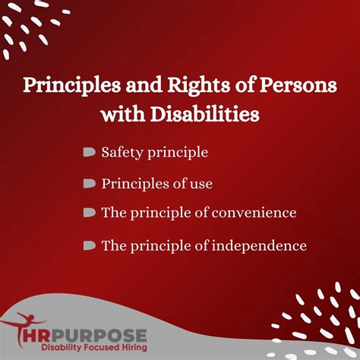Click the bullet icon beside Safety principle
coord(89,153)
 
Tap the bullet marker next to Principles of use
coord(89,183)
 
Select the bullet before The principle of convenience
coord(89,213)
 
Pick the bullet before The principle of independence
coord(89,245)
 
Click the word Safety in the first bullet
coord(120,153)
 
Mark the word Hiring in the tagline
coord(128,348)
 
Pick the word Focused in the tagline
coord(93,348)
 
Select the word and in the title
coord(129,84)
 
